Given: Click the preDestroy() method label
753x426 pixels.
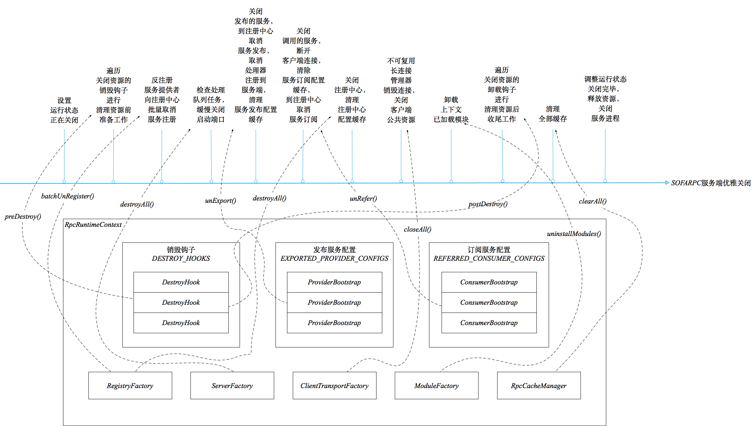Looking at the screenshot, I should pos(23,216).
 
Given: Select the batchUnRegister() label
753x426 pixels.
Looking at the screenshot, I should pos(67,196).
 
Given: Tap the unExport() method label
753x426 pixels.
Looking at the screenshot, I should pos(221,200).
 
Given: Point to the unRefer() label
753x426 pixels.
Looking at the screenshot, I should pos(363,198).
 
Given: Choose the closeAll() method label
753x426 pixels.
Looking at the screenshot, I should pos(418,229).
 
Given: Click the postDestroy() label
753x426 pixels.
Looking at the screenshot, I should pos(488,204).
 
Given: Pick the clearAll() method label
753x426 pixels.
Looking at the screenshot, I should pos(593,201).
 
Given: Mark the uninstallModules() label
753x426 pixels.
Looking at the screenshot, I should pos(574,234).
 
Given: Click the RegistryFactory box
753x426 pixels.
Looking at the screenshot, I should pos(130,385).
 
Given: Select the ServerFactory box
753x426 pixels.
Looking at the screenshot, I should pos(232,385).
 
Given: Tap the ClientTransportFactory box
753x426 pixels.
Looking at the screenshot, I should pos(334,385).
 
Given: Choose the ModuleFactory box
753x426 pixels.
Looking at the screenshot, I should pos(436,385).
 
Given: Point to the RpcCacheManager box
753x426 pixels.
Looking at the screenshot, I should pos(539,385).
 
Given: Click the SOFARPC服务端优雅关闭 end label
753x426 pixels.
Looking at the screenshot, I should pos(711,183).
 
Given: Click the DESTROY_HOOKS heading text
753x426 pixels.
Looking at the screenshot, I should pos(181,258).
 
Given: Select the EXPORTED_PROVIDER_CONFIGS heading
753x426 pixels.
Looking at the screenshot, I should pos(334,258).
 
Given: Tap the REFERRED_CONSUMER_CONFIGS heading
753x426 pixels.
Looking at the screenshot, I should pos(489,258).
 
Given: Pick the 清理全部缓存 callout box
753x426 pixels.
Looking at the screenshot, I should pos(553,113).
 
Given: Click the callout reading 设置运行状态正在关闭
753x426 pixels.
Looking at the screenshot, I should pos(64,110).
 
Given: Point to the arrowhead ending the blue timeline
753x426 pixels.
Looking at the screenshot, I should pos(667,183).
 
